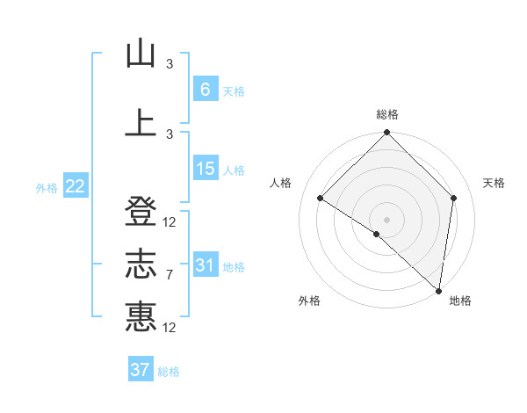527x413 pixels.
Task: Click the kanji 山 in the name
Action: tap(141, 54)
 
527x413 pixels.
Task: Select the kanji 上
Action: tap(141, 123)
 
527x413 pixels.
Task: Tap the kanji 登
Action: tap(141, 214)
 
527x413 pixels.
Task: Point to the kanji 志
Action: tap(141, 264)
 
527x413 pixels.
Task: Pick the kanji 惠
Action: tap(141, 316)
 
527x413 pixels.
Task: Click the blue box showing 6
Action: tap(205, 90)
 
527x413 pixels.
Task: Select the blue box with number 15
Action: tap(205, 169)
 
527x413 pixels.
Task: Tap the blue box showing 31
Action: tap(205, 265)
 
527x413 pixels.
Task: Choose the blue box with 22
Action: tap(75, 186)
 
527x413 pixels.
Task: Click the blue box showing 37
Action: tap(141, 370)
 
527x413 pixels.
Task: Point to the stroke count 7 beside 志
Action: tap(170, 275)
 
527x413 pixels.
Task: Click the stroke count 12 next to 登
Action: tap(170, 222)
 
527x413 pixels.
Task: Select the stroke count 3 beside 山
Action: tap(170, 63)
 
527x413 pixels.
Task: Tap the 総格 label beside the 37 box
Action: tap(169, 372)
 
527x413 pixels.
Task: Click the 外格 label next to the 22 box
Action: tap(47, 187)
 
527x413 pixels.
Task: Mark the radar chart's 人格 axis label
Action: tap(281, 183)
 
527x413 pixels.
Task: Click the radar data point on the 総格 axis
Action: tap(386, 133)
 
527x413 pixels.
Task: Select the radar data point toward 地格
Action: tap(438, 290)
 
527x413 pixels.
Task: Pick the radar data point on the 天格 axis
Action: tap(454, 198)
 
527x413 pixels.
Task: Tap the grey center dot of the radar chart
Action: tap(386, 219)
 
